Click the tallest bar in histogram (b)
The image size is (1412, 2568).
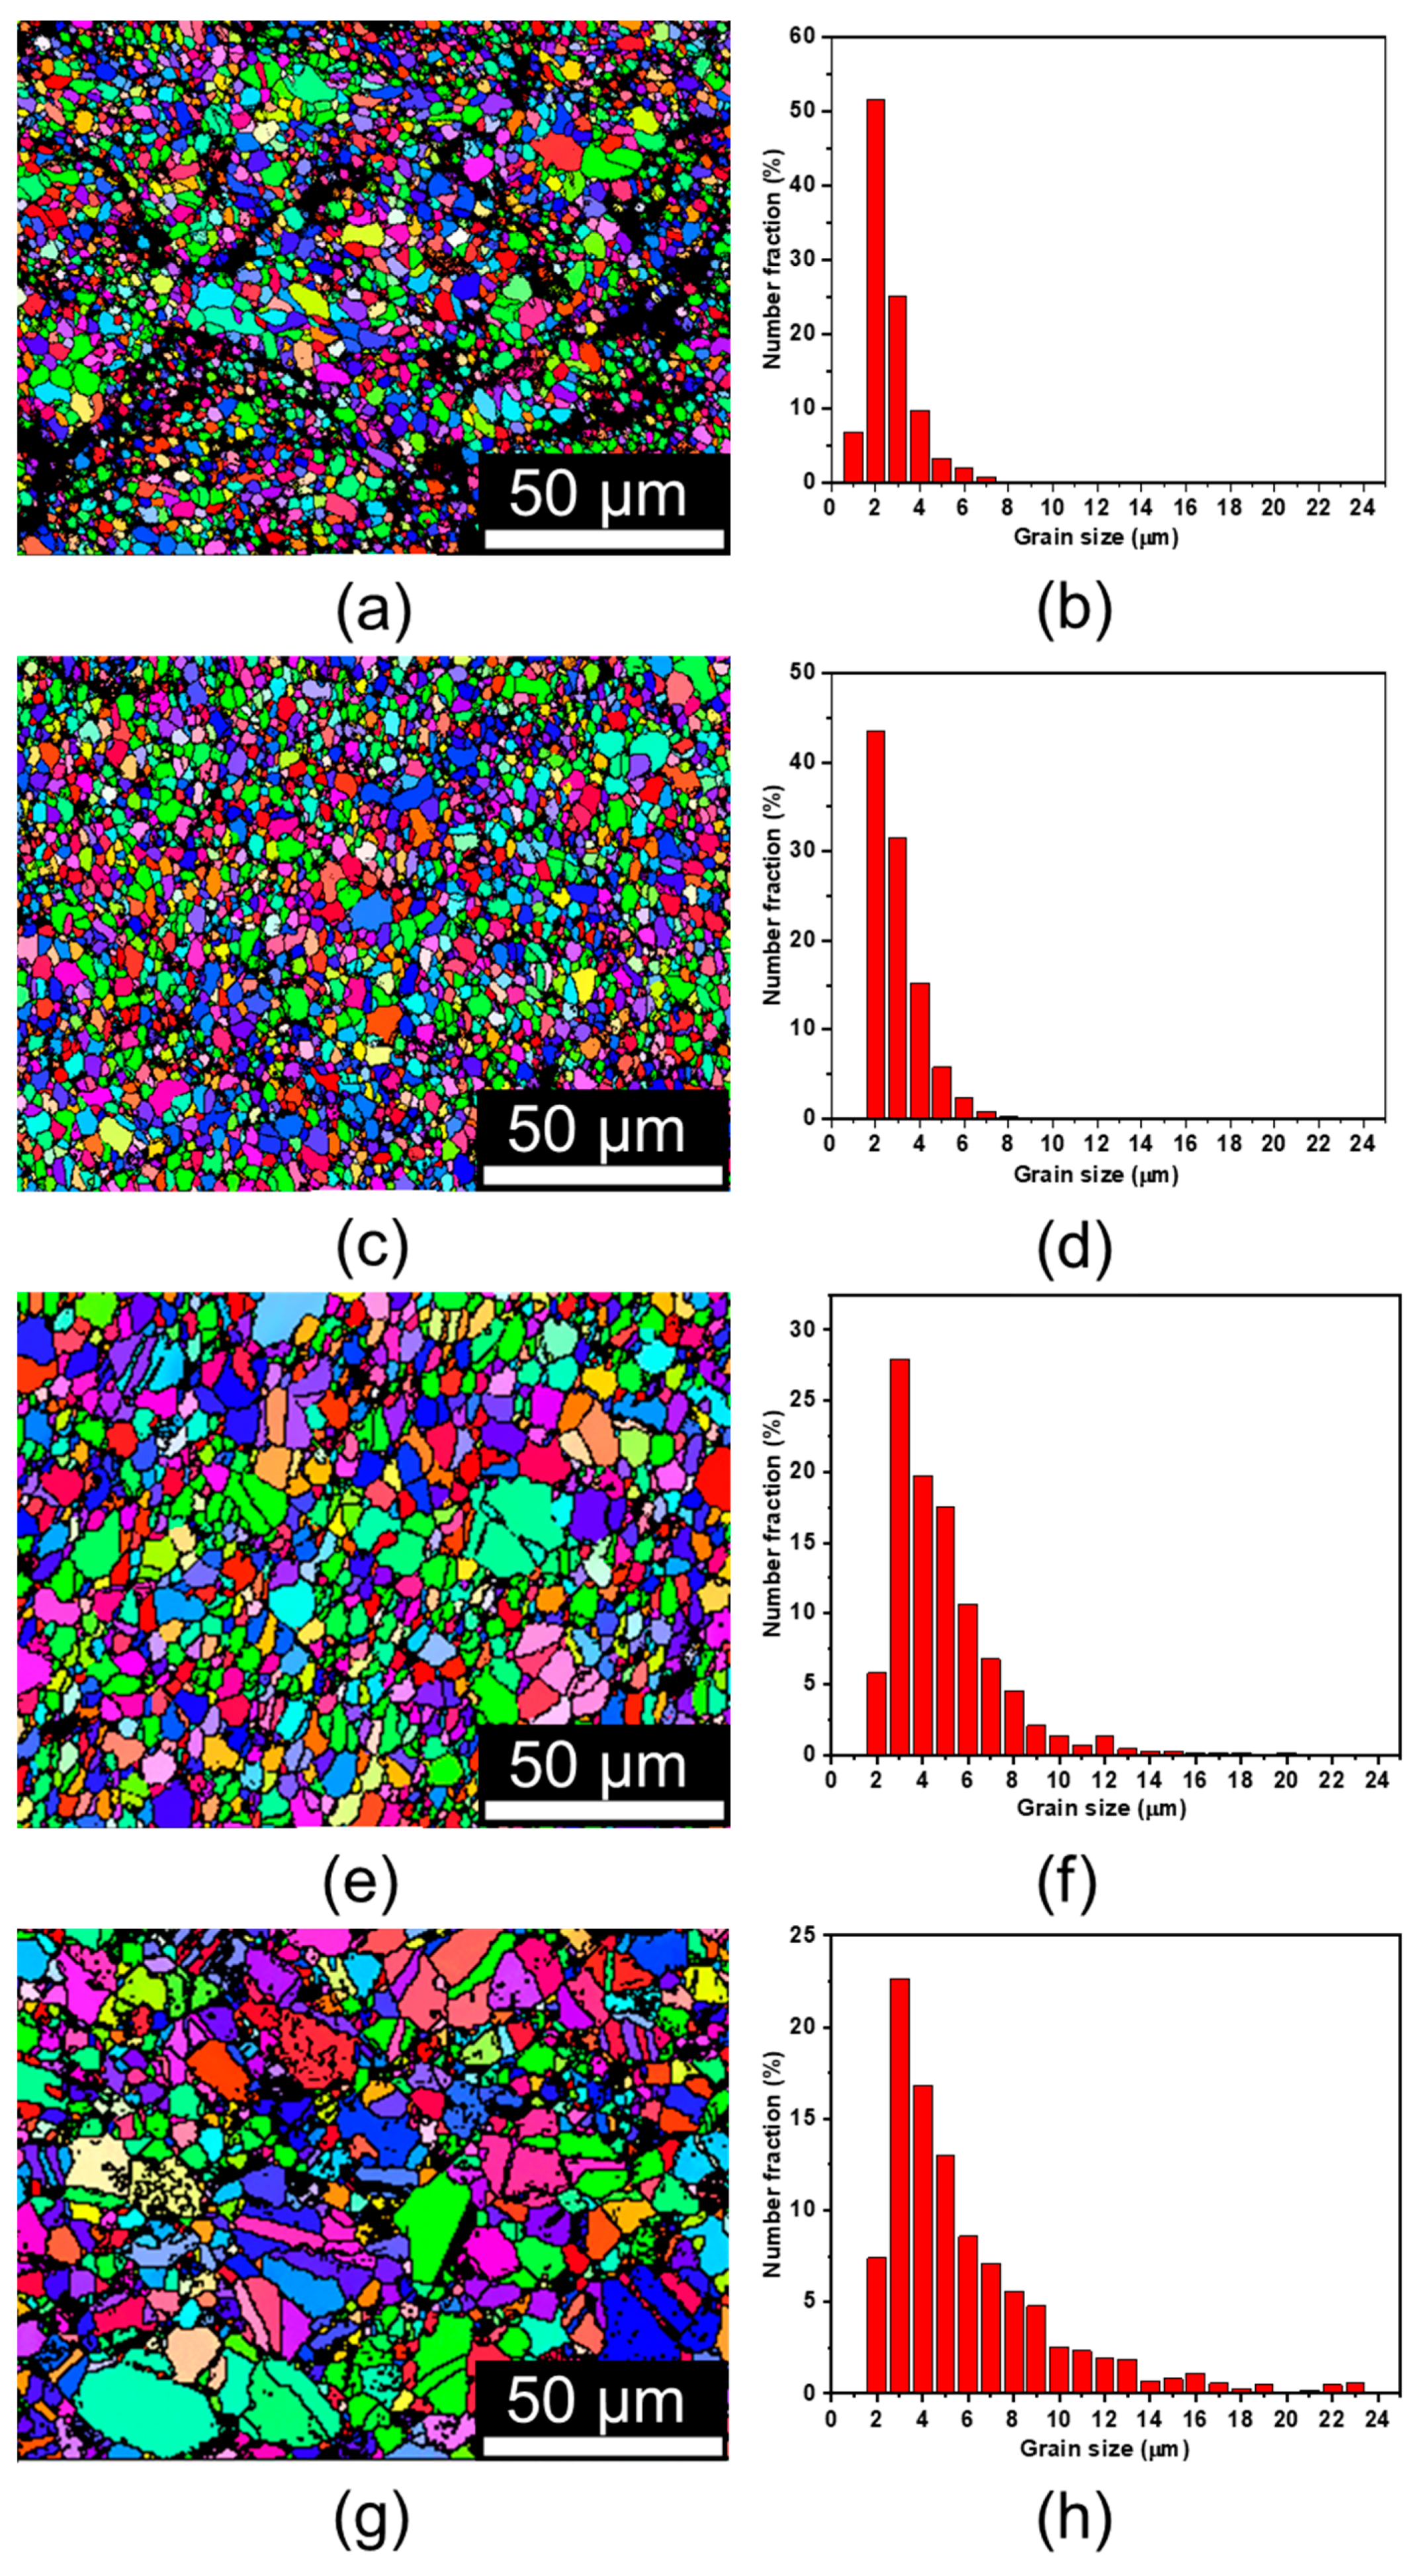(x=875, y=291)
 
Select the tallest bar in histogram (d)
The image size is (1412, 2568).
(x=875, y=924)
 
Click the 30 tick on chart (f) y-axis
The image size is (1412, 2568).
(x=802, y=1329)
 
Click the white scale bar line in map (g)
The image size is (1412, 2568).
(x=602, y=2446)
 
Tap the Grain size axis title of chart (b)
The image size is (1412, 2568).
(x=1095, y=537)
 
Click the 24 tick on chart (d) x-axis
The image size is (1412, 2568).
(x=1362, y=1143)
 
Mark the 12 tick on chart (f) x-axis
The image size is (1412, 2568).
(x=1104, y=1780)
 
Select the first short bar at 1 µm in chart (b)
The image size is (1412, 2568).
(x=853, y=456)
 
